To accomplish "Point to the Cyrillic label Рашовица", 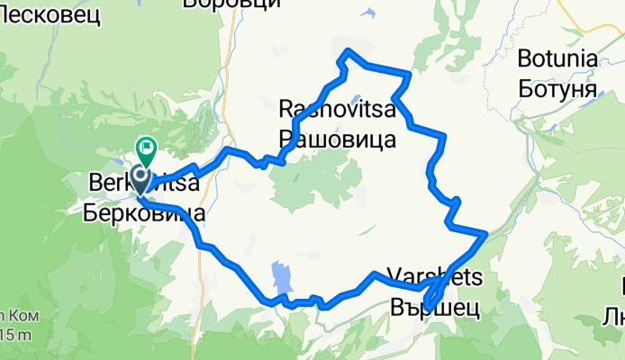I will [337, 139].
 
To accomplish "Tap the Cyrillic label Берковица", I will [143, 213].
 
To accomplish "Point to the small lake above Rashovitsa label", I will [358, 100].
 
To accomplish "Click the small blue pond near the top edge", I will [370, 13].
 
